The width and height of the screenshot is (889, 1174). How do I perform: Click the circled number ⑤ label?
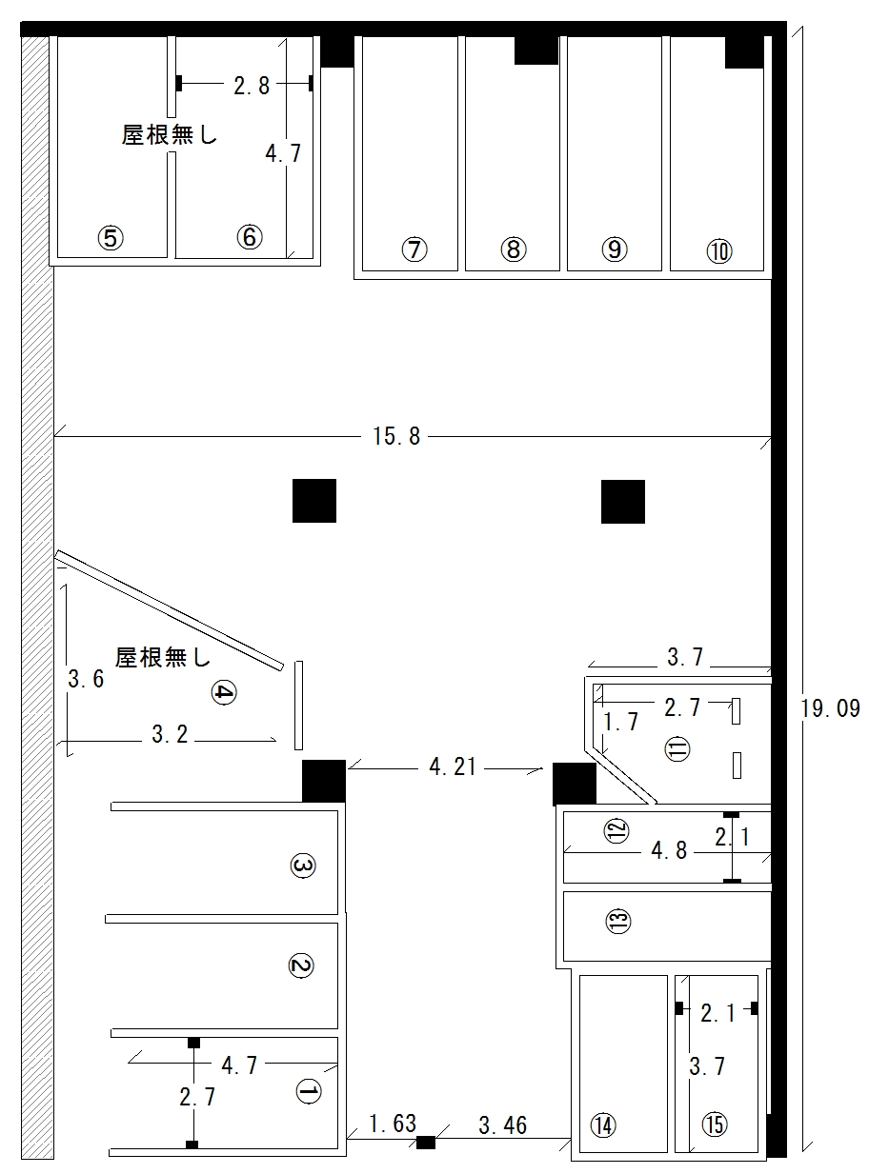pos(111,238)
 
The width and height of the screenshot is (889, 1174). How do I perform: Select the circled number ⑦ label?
pos(414,249)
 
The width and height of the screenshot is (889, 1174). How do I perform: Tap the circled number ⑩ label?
pos(719,251)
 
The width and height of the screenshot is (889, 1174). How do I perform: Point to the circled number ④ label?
pos(224,692)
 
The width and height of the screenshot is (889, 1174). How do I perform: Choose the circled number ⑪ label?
pos(677,748)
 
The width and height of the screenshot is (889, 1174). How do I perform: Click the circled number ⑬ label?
pos(618,921)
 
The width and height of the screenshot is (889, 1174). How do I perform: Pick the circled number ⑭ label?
pos(603,1125)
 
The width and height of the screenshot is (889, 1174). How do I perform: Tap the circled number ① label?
pos(309,1091)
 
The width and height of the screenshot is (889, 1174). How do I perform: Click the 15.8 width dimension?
pos(396,436)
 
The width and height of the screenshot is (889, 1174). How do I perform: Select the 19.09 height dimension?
pos(830,708)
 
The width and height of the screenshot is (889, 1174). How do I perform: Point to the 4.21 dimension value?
pos(453,767)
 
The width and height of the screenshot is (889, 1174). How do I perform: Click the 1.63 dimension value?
pos(393,1124)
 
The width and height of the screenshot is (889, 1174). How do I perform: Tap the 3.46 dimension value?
pos(502,1125)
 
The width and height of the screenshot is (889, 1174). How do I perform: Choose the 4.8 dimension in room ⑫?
pos(669,850)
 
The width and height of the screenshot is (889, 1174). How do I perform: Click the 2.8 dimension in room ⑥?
pos(251,86)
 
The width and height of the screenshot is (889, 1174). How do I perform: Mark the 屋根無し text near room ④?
pos(163,657)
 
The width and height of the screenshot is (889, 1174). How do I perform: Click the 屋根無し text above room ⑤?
pos(170,135)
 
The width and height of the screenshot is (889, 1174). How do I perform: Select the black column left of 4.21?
pos(324,781)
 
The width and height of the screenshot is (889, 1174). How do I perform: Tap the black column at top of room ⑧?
pos(536,50)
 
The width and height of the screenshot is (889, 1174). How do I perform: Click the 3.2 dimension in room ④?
pos(170,734)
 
